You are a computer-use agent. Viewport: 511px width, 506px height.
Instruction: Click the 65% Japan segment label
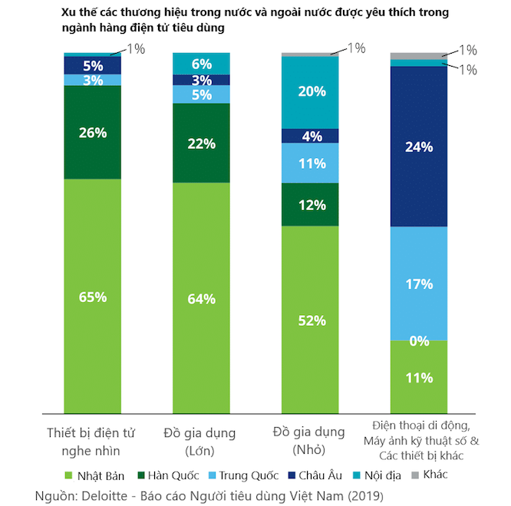[92, 297]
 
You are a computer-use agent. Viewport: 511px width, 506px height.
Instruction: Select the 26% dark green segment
[92, 132]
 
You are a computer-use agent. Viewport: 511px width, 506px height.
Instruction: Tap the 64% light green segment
[201, 298]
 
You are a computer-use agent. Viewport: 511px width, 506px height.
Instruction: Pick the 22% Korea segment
[201, 143]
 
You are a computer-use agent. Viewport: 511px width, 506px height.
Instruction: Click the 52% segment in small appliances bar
[310, 320]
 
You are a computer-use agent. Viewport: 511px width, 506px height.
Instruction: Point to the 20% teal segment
[310, 91]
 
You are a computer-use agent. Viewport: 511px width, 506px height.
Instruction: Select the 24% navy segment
[419, 146]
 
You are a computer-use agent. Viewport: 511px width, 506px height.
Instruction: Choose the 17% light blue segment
[419, 283]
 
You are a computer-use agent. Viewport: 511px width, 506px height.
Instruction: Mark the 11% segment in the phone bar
[419, 377]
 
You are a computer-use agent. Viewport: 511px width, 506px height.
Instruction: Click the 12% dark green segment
[310, 205]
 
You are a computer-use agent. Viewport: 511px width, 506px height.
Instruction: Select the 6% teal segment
[201, 64]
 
